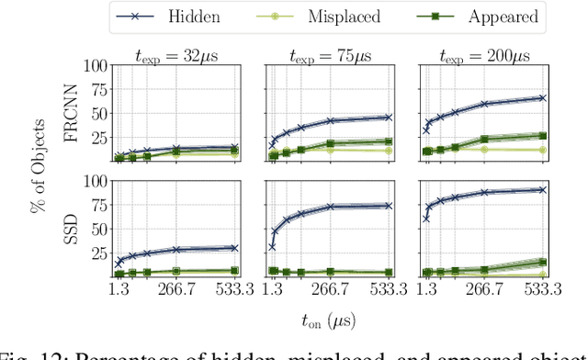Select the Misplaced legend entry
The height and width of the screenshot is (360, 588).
click(325, 17)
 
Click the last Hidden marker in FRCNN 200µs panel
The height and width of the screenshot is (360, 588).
click(542, 97)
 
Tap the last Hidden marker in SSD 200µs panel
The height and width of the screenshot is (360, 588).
click(542, 190)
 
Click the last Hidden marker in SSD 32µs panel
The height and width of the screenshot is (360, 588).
click(233, 248)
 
